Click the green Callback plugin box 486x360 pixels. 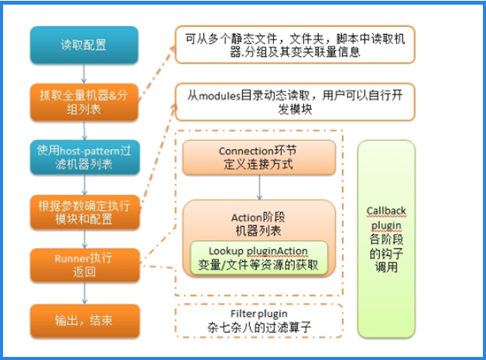[387, 238]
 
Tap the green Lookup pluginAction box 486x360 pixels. [259, 258]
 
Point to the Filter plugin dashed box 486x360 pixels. [259, 320]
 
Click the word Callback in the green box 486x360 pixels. [387, 211]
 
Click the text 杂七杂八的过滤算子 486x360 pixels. [259, 327]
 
